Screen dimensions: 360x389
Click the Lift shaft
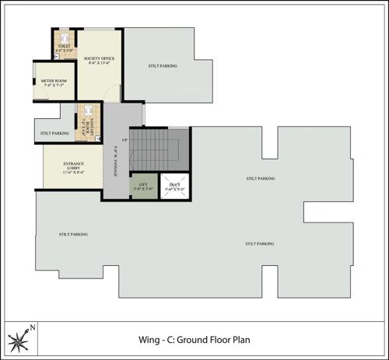click(x=144, y=187)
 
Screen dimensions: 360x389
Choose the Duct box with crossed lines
click(x=175, y=187)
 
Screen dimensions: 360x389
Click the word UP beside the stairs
click(x=124, y=140)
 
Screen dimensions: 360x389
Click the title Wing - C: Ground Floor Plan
click(x=193, y=340)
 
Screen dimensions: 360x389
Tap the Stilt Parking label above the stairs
click(x=162, y=66)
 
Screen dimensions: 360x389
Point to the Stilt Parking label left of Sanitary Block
click(x=54, y=133)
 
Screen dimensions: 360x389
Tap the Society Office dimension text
click(x=99, y=64)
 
